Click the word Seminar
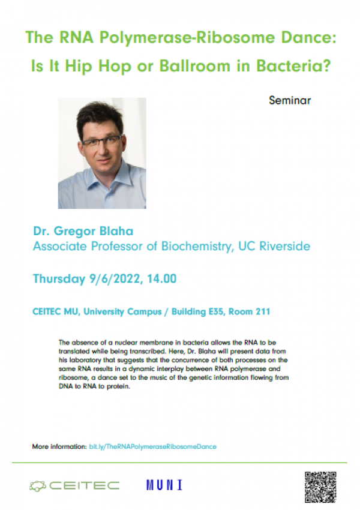tap(290, 100)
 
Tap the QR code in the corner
tap(320, 487)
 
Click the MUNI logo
tap(164, 485)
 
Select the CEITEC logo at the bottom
tap(74, 485)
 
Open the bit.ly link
tap(152, 446)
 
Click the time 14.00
tap(161, 279)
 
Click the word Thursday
tap(59, 279)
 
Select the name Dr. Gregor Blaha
tap(83, 231)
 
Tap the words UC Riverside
tap(274, 246)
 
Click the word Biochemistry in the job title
tap(197, 247)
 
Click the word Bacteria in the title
tap(293, 66)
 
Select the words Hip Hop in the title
tap(98, 67)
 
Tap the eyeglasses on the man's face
tap(102, 142)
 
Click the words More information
tap(59, 446)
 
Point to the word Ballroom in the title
tap(194, 66)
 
